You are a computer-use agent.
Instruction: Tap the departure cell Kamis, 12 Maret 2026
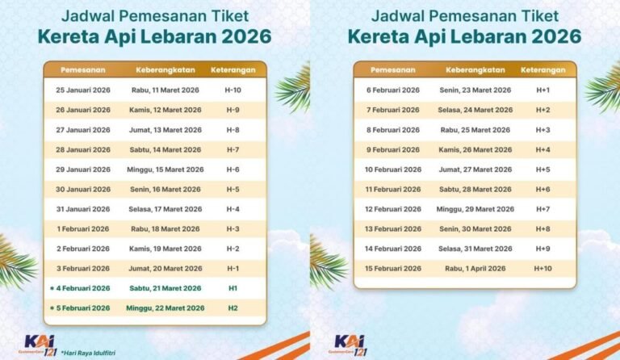165,110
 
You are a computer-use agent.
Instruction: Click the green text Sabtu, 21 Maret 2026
165,288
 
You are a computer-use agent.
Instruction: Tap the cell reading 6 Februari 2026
393,90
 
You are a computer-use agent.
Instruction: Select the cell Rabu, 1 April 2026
475,268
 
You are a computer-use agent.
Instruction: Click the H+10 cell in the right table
542,268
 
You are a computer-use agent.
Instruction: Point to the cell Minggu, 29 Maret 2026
475,209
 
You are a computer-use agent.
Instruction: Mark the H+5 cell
542,170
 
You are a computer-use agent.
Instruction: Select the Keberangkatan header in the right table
475,69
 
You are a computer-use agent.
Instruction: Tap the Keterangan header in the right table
542,69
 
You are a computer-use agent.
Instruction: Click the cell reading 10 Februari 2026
393,170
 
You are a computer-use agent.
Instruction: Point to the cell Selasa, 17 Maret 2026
165,209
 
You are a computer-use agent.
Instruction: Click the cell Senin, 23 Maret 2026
475,90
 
